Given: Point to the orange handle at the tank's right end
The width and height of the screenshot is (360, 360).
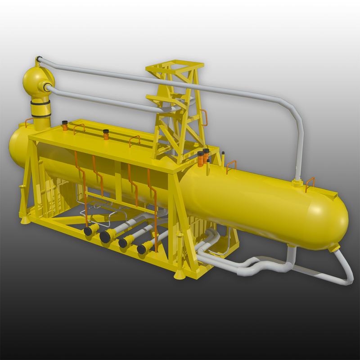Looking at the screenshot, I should click(x=310, y=183).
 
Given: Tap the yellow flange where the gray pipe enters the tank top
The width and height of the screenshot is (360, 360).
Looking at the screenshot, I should click(x=297, y=183).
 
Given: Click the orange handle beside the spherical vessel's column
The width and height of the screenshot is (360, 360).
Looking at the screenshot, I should click(x=28, y=121).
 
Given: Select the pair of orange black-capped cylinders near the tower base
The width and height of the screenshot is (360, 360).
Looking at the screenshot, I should click(x=203, y=157).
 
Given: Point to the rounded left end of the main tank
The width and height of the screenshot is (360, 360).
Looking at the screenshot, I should click(x=16, y=144).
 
